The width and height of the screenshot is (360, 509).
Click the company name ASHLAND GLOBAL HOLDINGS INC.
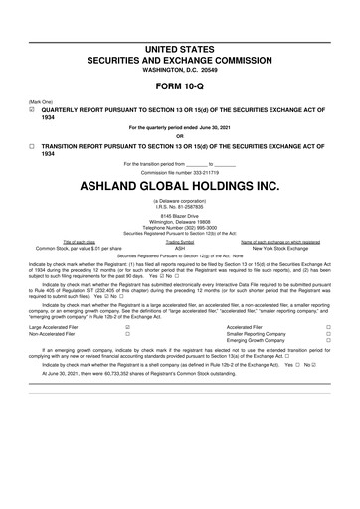pos(180,185)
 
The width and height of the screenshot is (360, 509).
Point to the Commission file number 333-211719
pos(180,170)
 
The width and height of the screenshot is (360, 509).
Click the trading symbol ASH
pos(180,247)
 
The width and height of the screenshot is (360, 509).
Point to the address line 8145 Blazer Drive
pos(180,214)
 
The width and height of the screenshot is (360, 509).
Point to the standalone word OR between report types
pos(180,136)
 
